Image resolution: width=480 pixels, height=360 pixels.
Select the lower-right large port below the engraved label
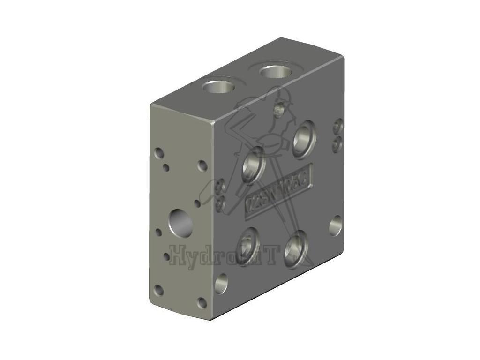tap(296, 245)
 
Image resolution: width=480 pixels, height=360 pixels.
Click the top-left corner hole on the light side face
tap(159, 153)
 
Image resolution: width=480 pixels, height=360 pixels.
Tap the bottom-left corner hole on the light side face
tap(159, 290)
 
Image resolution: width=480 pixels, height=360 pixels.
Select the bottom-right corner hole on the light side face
tap(202, 303)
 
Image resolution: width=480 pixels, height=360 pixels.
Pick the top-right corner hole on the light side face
tap(202, 165)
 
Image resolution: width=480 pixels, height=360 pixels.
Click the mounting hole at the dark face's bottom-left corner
tap(221, 284)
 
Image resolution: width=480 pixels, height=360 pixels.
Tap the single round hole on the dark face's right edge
tap(335, 225)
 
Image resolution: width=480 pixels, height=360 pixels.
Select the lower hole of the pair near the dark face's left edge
tap(220, 203)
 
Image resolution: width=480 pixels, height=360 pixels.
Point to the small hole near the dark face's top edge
tap(280, 110)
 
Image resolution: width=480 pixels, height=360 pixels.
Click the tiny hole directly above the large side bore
tap(197, 203)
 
